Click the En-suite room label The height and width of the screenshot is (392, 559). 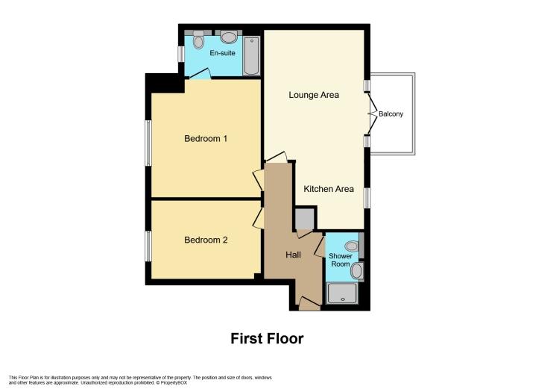pyautogui.click(x=222, y=53)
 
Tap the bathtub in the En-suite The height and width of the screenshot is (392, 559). pyautogui.click(x=252, y=56)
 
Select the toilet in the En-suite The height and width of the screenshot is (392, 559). pyautogui.click(x=198, y=40)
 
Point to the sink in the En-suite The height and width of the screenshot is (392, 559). pyautogui.click(x=229, y=36)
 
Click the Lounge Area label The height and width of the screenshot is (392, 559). pyautogui.click(x=314, y=95)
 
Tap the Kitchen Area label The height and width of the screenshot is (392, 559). pyautogui.click(x=329, y=189)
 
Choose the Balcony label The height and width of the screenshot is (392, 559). pyautogui.click(x=391, y=114)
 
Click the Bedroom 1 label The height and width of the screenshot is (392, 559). pyautogui.click(x=206, y=139)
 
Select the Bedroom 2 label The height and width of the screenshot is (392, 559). pyautogui.click(x=206, y=240)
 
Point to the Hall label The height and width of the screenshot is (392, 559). pyautogui.click(x=293, y=255)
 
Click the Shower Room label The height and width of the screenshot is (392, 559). pyautogui.click(x=341, y=260)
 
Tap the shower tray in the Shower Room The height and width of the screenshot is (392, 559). pyautogui.click(x=342, y=293)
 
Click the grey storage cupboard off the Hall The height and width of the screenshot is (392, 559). pyautogui.click(x=305, y=219)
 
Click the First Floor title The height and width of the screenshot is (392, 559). pyautogui.click(x=267, y=338)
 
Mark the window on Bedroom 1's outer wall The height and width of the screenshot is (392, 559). pyautogui.click(x=148, y=143)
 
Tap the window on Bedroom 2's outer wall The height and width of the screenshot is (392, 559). pyautogui.click(x=148, y=246)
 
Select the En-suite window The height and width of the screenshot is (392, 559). pyautogui.click(x=181, y=54)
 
